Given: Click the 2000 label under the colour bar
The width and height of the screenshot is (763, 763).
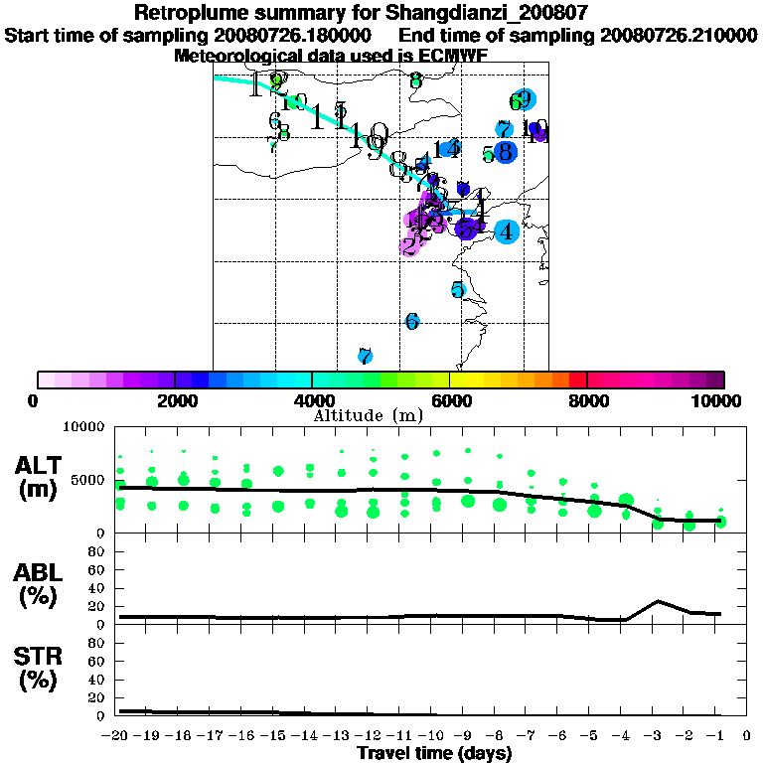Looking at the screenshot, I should pos(175,400).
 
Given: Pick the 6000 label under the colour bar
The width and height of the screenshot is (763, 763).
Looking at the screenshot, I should pos(450,400).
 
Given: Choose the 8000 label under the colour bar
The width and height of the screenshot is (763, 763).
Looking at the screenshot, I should pos(587,400).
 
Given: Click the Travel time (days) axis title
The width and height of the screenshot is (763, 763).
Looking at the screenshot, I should pos(434,754).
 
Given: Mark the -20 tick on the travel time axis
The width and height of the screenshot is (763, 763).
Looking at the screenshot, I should pos(117,736).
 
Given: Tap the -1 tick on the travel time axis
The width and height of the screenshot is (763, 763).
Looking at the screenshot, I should pos(716,736).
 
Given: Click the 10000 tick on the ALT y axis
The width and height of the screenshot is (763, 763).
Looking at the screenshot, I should pos(83,427).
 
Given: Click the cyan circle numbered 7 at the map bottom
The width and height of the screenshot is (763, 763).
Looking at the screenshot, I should pos(365,356).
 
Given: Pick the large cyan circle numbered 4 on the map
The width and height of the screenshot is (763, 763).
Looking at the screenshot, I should pos(507,231).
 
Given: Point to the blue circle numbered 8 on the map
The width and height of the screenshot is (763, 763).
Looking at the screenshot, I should pos(505,152).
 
